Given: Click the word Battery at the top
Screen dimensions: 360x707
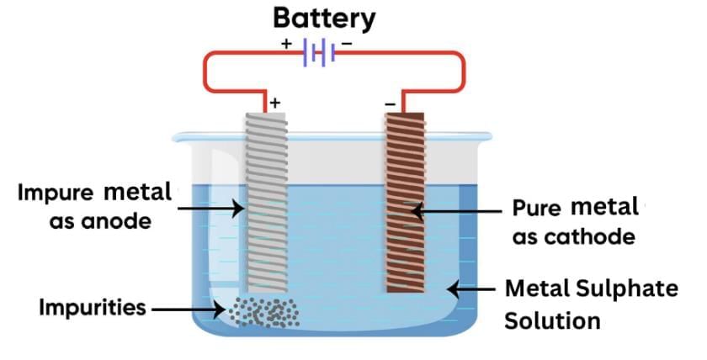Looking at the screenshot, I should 325,19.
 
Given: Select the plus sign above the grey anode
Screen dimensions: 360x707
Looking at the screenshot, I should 274,103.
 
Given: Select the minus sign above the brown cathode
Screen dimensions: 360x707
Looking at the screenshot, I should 389,103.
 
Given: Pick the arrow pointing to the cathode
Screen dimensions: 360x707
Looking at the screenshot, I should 454,213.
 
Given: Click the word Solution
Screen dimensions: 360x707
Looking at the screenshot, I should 551,320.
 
